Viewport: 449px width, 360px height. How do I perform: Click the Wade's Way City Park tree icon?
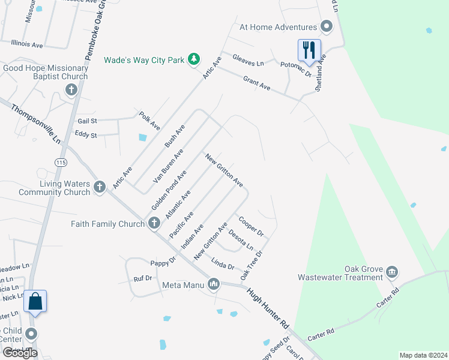pyautogui.click(x=193, y=59)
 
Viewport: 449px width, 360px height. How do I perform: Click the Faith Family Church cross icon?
pyautogui.click(x=154, y=223)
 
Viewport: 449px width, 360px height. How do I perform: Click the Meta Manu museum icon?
pyautogui.click(x=214, y=284)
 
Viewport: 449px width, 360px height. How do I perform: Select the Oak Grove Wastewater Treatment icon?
pyautogui.click(x=392, y=272)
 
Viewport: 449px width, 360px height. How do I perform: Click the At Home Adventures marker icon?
pyautogui.click(x=327, y=27)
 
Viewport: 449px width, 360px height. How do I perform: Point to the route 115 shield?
pyautogui.click(x=60, y=162)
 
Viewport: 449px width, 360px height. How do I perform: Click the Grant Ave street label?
pyautogui.click(x=257, y=83)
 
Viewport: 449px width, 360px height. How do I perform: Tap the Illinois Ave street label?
pyautogui.click(x=27, y=44)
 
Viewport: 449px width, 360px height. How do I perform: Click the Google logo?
pyautogui.click(x=20, y=353)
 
